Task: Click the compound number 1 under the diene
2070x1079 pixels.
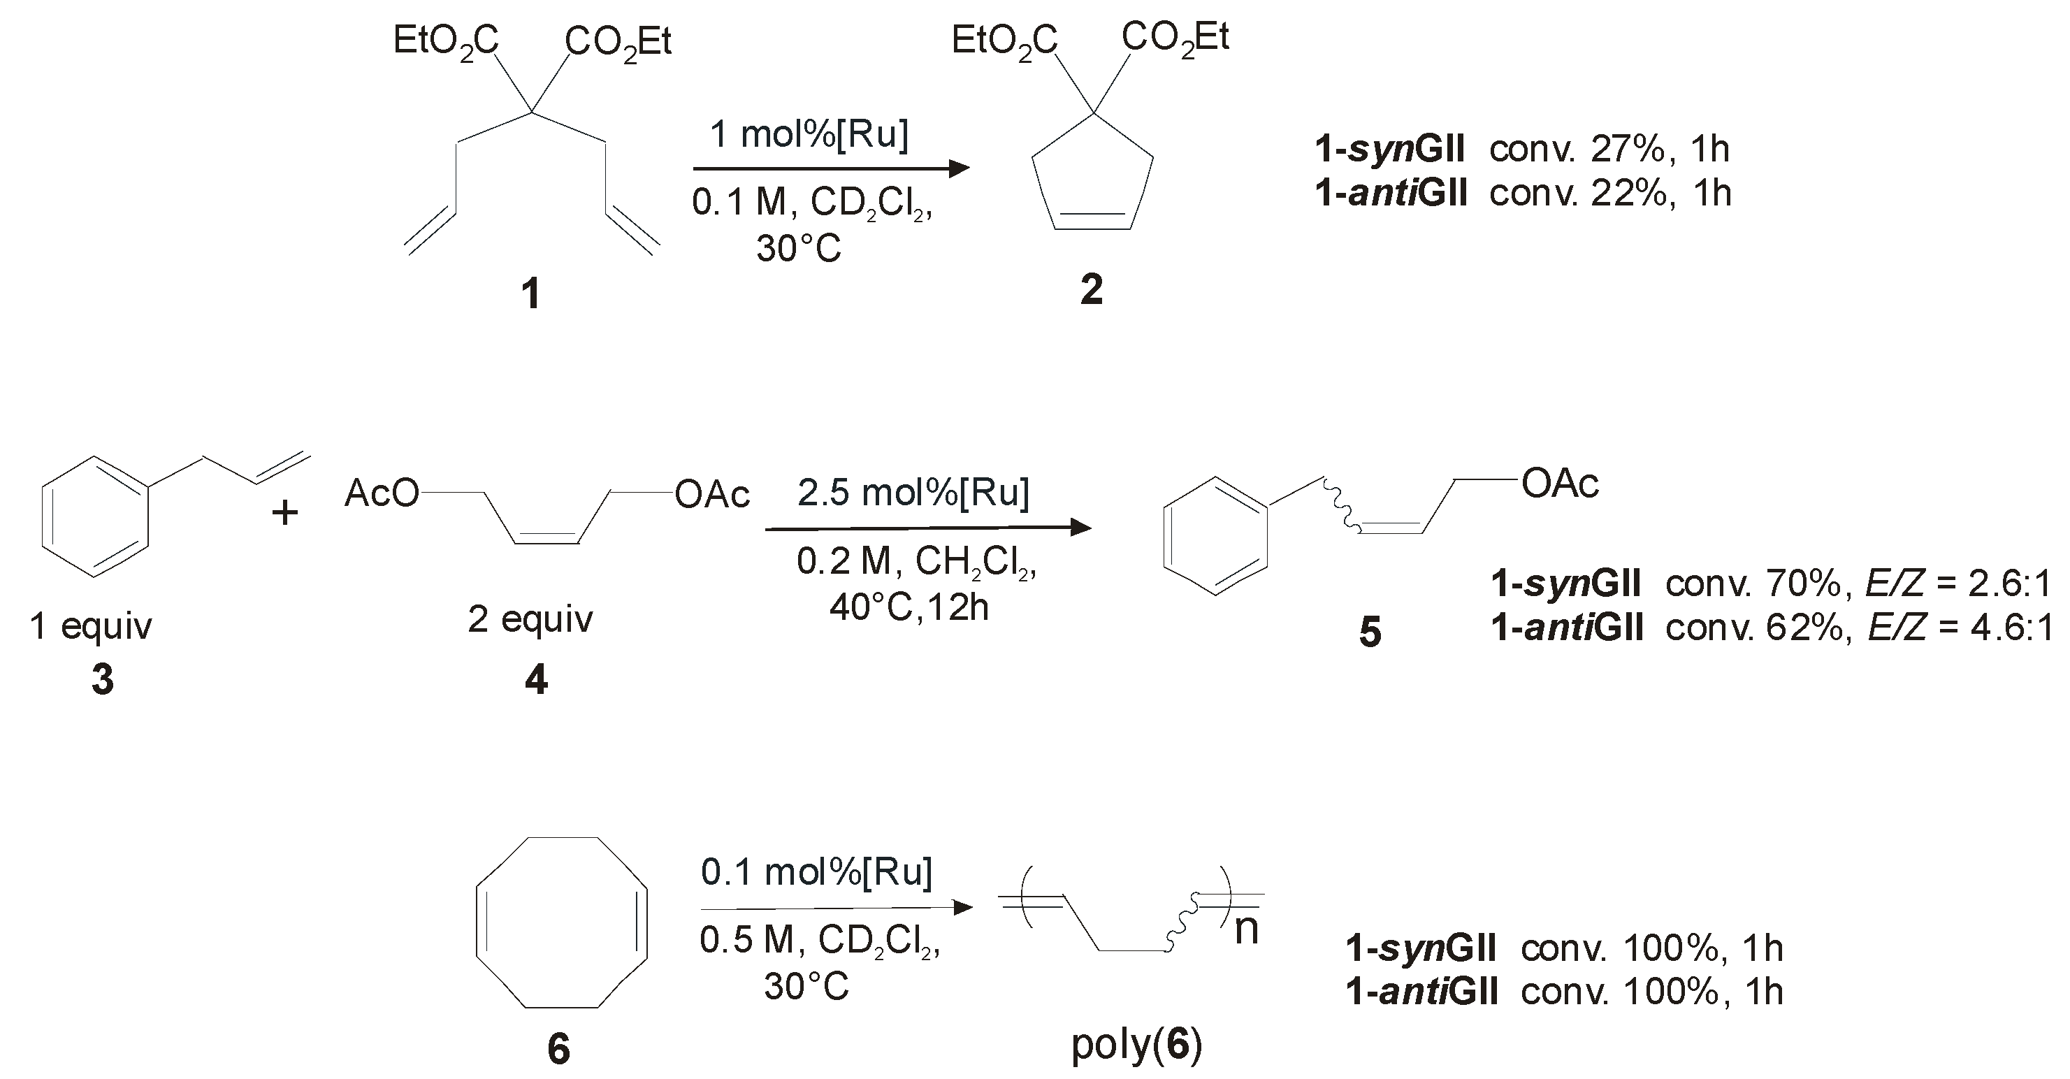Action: [x=530, y=294]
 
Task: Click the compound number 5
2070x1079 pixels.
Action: [x=1370, y=632]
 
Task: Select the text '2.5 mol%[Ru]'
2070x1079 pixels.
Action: [x=913, y=493]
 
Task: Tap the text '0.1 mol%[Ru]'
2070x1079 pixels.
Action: [x=816, y=871]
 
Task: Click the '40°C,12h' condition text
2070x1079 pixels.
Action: [x=909, y=607]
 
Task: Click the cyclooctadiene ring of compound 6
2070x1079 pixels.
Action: [x=561, y=922]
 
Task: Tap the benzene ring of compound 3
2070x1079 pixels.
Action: [x=95, y=517]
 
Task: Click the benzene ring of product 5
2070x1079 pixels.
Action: [x=1216, y=537]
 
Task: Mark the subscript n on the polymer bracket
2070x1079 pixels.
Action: [x=1246, y=929]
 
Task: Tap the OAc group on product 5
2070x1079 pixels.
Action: [x=1560, y=484]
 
